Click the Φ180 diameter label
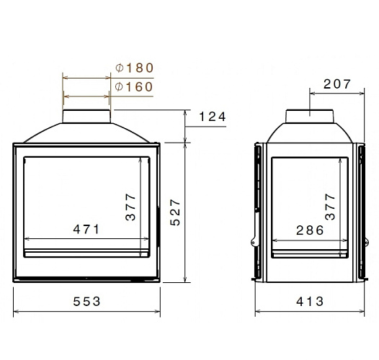coord(135,68)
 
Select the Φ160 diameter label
coord(135,87)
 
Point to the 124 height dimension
coord(213,117)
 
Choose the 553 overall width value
coord(86,301)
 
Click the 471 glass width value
coord(86,229)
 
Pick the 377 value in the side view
coord(331,206)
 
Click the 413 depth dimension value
coord(310,301)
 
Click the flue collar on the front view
coord(86,117)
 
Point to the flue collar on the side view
coord(310,117)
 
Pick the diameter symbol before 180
coord(120,68)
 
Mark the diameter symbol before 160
coord(120,87)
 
